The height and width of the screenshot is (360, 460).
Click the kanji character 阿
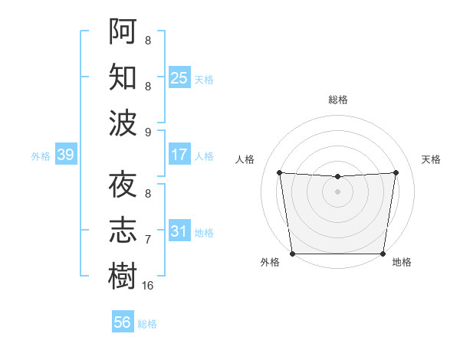click(x=123, y=31)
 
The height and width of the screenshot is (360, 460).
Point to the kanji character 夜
click(x=123, y=185)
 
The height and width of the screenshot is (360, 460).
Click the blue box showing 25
click(x=179, y=77)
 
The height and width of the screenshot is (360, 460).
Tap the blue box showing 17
click(x=179, y=155)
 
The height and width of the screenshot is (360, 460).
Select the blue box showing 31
click(x=179, y=231)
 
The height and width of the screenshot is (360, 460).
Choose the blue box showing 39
click(x=65, y=155)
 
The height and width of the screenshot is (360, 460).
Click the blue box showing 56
click(x=122, y=322)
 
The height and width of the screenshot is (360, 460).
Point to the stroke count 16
click(x=148, y=285)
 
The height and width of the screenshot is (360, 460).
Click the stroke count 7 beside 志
click(x=148, y=240)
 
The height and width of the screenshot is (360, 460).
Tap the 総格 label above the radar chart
click(x=337, y=100)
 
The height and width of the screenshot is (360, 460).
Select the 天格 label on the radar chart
click(x=431, y=159)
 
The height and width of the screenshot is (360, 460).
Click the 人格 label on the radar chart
click(x=245, y=159)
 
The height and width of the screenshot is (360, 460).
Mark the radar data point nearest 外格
click(x=292, y=254)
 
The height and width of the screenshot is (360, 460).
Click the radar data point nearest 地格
click(x=383, y=254)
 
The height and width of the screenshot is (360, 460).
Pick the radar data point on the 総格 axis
click(x=337, y=177)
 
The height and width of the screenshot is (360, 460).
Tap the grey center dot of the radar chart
click(x=337, y=191)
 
